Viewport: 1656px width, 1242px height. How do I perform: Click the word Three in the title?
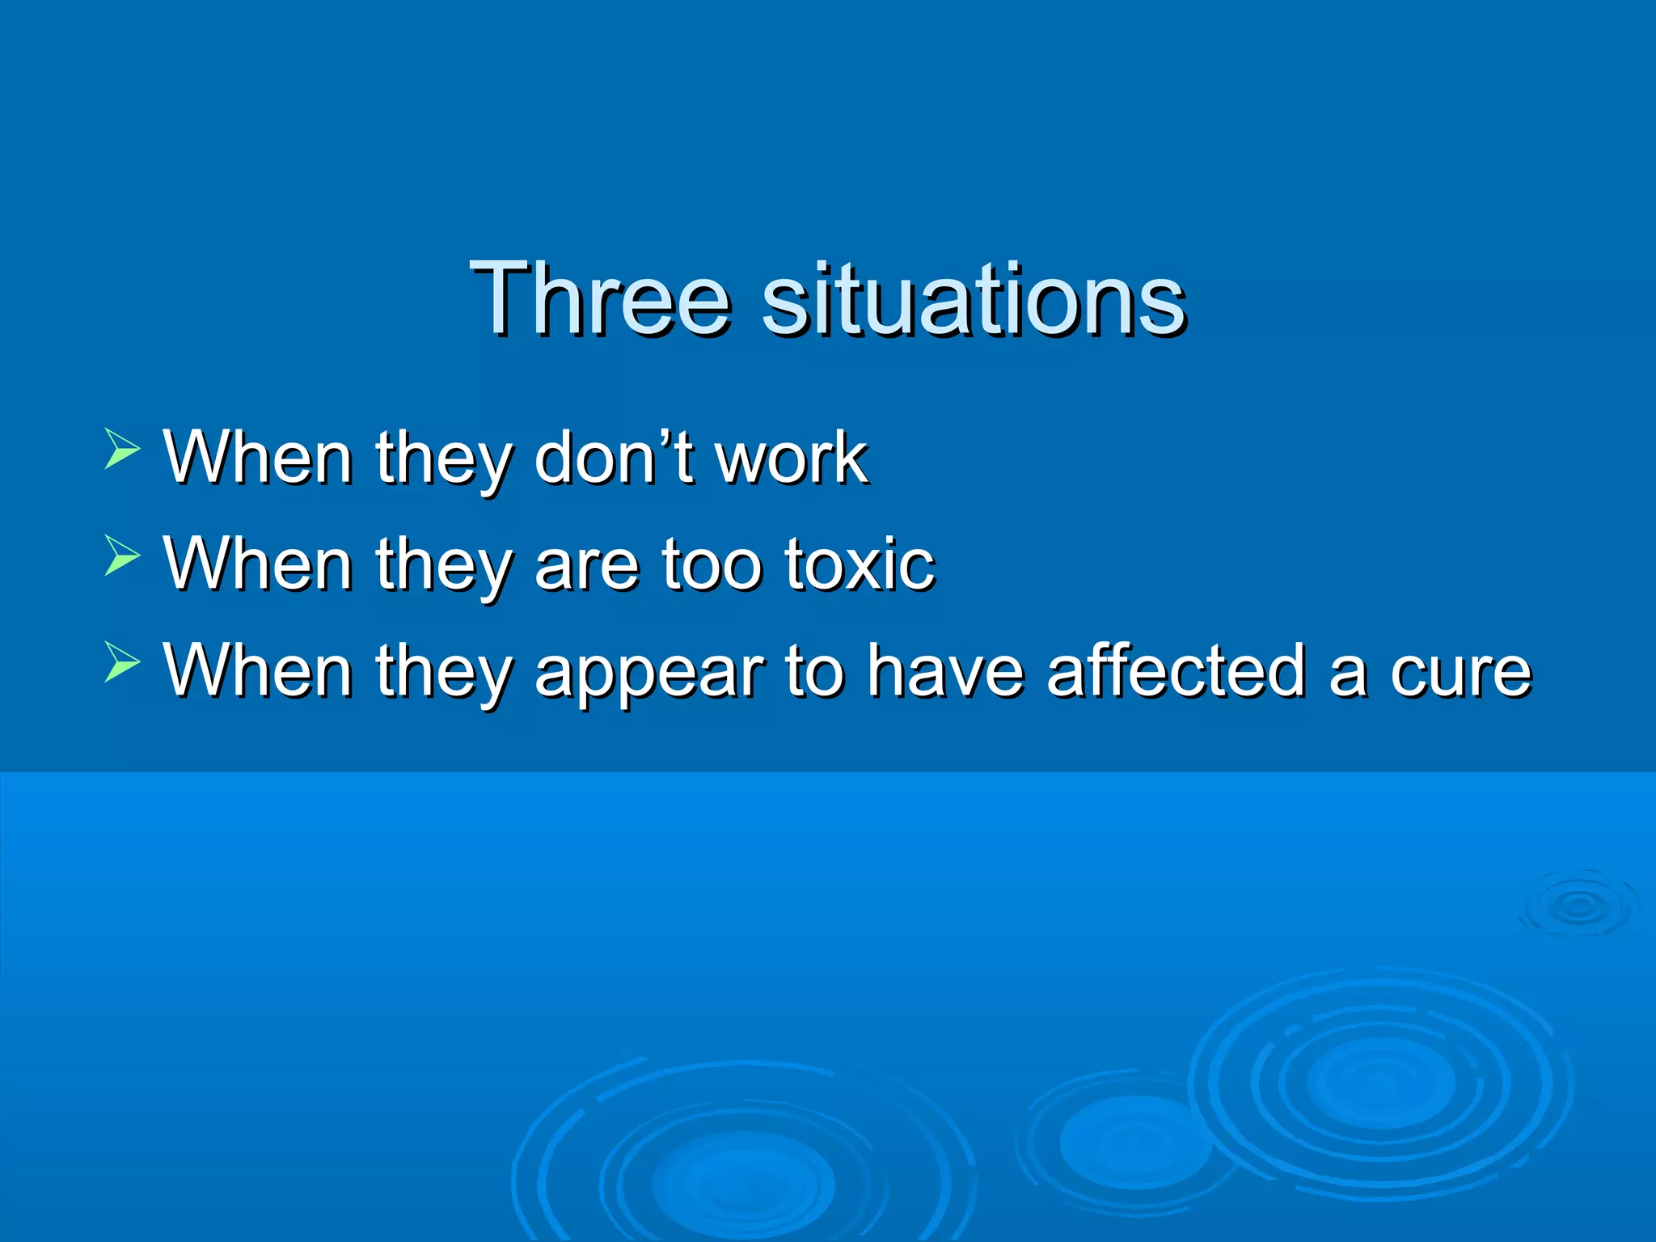600,298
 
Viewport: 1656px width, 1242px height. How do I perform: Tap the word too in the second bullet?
711,564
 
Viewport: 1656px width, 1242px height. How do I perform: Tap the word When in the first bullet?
258,458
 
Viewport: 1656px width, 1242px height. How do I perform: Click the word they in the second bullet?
443,565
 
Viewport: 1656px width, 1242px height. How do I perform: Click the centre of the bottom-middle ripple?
744,1182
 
